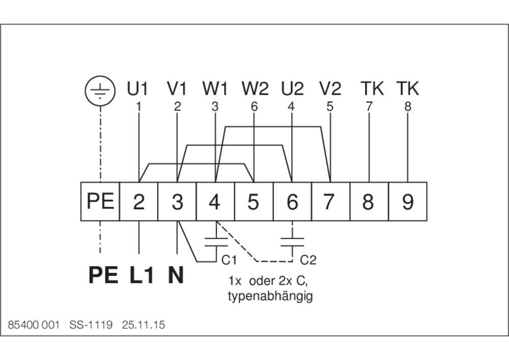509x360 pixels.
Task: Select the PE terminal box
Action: pos(100,202)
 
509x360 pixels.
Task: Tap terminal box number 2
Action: pos(138,202)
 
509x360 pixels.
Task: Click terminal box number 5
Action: pos(253,202)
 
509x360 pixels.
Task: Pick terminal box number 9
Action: pos(408,202)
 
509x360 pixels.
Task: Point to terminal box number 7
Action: pos(330,202)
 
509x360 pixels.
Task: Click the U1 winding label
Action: pos(137,89)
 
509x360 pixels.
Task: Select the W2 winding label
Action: pos(255,89)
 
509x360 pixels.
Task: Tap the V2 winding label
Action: pos(330,89)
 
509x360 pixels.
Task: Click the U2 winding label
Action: pos(292,89)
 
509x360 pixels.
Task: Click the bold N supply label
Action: pos(176,275)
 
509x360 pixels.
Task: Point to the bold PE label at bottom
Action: pos(103,275)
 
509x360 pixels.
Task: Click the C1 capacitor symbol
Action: pos(216,241)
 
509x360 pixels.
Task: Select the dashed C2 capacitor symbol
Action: pos(292,241)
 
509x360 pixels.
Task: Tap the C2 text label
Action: pos(308,261)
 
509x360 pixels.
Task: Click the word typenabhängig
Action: pos(270,296)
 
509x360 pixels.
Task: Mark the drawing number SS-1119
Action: pos(91,325)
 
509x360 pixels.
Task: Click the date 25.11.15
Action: pos(144,325)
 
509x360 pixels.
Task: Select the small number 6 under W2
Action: pos(254,107)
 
